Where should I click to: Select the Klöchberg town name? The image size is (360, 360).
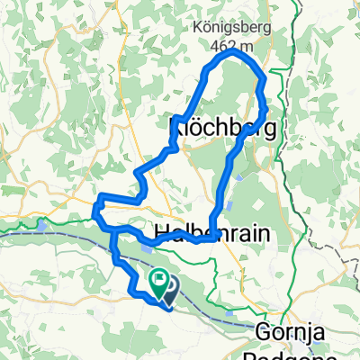pos(221,130)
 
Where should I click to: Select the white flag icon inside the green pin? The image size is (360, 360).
pos(160,280)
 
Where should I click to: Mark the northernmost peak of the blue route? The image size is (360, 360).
pos(236,53)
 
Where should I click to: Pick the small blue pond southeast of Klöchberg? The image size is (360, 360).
pos(240,178)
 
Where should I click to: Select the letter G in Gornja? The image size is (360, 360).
pos(264,330)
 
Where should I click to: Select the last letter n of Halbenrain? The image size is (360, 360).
pos(267,232)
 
